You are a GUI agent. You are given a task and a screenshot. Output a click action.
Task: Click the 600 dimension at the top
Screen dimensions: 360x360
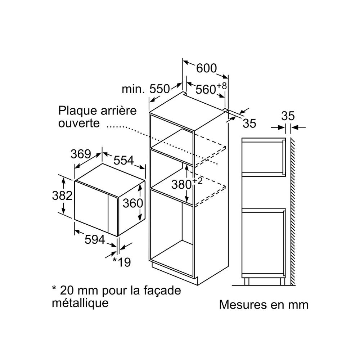pyautogui.click(x=206, y=68)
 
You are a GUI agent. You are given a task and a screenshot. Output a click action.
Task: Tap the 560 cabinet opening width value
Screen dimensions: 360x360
pyautogui.click(x=206, y=89)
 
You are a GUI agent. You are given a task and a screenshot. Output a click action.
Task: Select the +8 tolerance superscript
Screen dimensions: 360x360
pyautogui.click(x=221, y=86)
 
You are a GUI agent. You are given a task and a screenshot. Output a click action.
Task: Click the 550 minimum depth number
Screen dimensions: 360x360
pyautogui.click(x=159, y=89)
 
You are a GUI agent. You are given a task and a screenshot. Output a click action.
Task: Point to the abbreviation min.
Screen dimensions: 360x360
pyautogui.click(x=133, y=89)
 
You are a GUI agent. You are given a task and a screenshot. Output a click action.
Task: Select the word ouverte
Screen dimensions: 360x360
pyautogui.click(x=79, y=123)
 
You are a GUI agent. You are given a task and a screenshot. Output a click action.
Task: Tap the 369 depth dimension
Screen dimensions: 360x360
pyautogui.click(x=81, y=154)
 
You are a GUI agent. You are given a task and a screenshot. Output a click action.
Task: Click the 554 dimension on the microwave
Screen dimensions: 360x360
pyautogui.click(x=124, y=161)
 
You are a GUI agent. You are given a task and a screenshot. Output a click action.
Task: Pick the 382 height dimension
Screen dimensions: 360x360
pyautogui.click(x=62, y=196)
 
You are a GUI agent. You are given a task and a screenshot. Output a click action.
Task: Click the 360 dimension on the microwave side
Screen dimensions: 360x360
pyautogui.click(x=133, y=203)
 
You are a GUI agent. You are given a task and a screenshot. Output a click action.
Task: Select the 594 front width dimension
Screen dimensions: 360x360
pyautogui.click(x=95, y=240)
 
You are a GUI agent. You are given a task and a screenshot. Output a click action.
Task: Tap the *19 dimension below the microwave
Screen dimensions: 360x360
pyautogui.click(x=122, y=262)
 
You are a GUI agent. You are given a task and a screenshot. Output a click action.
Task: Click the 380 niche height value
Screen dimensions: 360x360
pyautogui.click(x=181, y=185)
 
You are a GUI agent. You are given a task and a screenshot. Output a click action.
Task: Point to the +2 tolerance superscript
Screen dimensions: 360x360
pyautogui.click(x=197, y=181)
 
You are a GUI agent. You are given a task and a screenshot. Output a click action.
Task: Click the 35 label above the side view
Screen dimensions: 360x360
pyautogui.click(x=288, y=116)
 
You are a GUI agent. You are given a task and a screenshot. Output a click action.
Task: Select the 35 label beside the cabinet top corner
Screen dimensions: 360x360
pyautogui.click(x=249, y=123)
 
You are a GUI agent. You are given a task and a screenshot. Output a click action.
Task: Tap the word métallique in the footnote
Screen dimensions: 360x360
pyautogui.click(x=80, y=303)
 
